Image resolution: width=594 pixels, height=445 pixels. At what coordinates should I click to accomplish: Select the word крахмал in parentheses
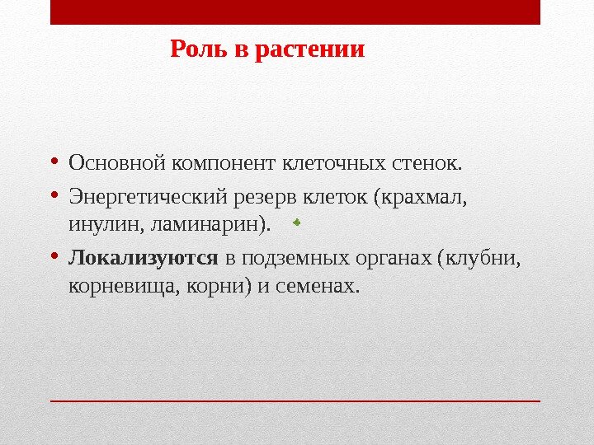[425, 199]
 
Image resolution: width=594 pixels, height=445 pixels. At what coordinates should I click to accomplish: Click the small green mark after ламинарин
[296, 221]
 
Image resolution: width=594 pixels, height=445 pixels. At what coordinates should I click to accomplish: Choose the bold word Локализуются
[143, 259]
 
